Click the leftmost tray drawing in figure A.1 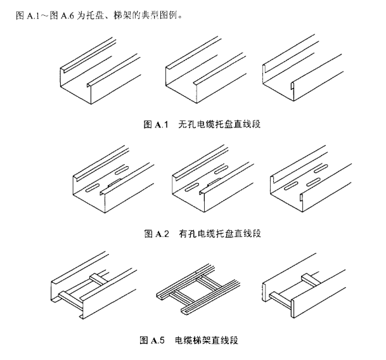(100, 72)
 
